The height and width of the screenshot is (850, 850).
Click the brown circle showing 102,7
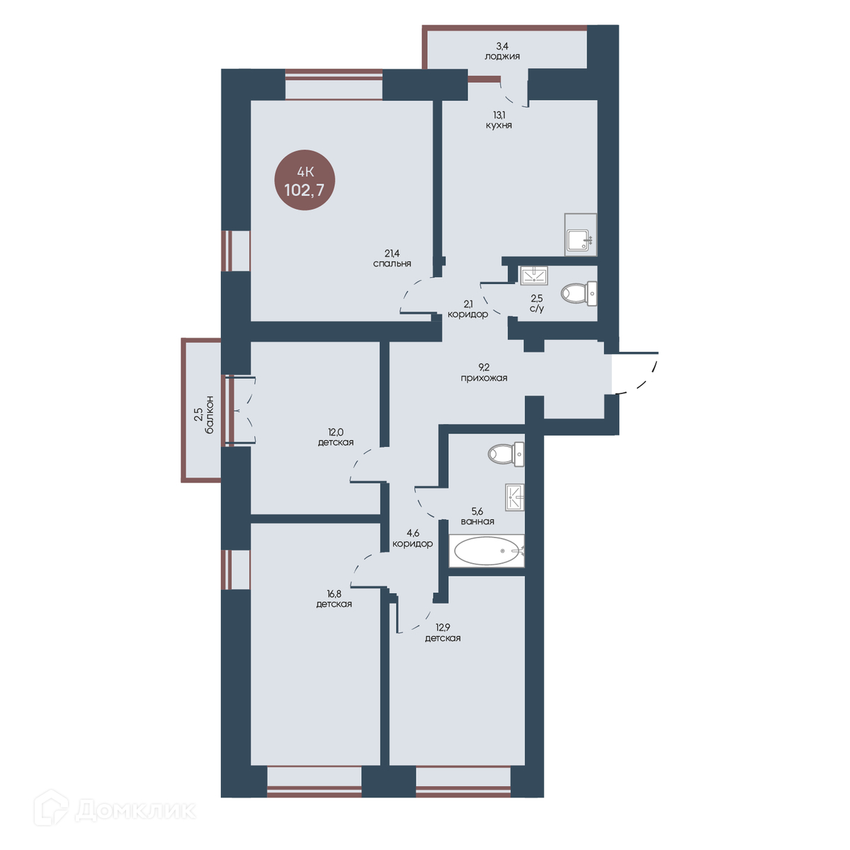(305, 180)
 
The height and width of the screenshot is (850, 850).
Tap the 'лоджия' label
(502, 57)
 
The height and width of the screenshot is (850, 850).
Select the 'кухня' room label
(499, 125)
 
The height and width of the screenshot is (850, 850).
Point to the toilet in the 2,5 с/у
(579, 293)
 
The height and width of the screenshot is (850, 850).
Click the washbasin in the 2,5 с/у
(534, 276)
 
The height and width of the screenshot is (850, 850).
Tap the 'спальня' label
(392, 263)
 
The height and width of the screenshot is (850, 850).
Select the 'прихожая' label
(484, 378)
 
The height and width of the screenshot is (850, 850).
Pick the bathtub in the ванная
(487, 550)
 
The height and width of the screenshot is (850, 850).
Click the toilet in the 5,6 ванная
(506, 454)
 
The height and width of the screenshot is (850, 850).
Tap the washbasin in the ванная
(515, 497)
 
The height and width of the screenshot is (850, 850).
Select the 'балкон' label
(209, 414)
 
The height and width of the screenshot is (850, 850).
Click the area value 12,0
(335, 432)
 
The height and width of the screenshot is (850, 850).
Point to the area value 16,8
(334, 594)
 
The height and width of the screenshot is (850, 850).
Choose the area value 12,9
(443, 628)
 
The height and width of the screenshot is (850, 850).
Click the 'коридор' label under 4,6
(412, 543)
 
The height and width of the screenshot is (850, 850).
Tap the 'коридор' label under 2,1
(467, 314)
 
